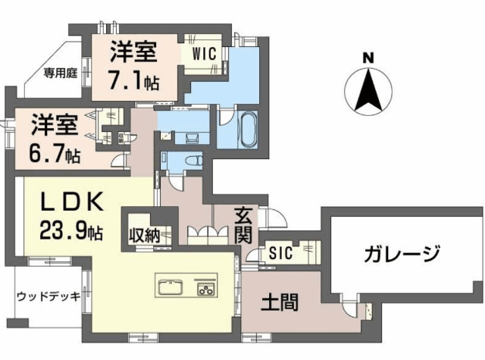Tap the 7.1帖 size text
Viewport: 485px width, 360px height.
tap(134, 79)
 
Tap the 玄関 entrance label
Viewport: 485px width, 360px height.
tap(242, 224)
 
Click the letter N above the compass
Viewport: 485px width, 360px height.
tap(368, 57)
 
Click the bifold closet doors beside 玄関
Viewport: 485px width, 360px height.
tap(202, 232)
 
